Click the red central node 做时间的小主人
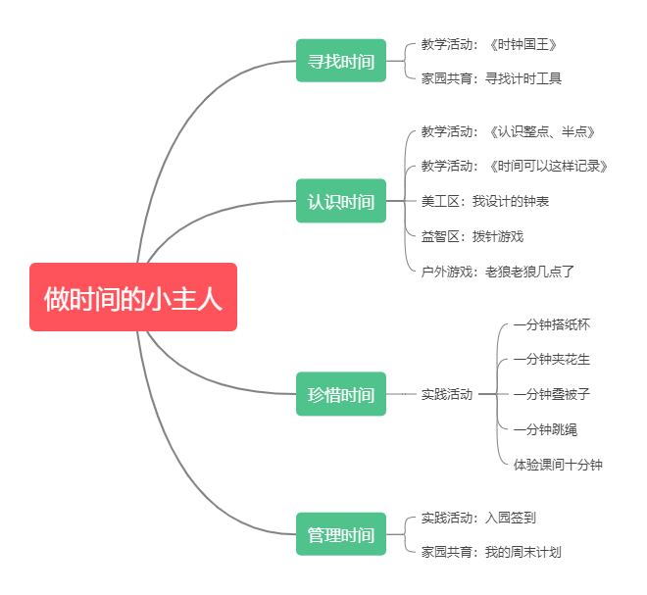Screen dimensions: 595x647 coord(133,297)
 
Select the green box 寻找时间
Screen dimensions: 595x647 coord(341,61)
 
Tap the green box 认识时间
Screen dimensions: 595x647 coord(341,201)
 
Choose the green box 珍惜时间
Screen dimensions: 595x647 coord(341,394)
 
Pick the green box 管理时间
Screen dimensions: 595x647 coord(341,534)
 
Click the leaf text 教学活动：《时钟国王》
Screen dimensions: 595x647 coord(489,44)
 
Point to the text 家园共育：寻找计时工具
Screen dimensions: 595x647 coord(491,78)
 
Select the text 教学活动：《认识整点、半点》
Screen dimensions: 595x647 coord(509,131)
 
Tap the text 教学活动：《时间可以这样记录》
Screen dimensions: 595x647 coord(515,166)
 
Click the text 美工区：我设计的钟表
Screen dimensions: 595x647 coord(484,201)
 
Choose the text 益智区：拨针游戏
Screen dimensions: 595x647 coord(472,236)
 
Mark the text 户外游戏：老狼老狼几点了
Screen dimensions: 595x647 coord(497,271)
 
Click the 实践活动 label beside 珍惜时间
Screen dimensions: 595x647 coord(447,394)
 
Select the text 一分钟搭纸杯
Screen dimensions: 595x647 coord(552,324)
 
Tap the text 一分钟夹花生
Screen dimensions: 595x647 coord(552,359)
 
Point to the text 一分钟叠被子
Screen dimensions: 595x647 coord(552,394)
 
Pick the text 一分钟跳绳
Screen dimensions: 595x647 coord(545,429)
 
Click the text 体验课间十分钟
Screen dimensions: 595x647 coord(558,464)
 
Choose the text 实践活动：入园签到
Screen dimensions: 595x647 coord(478,518)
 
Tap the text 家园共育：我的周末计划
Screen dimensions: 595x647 coord(491,552)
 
